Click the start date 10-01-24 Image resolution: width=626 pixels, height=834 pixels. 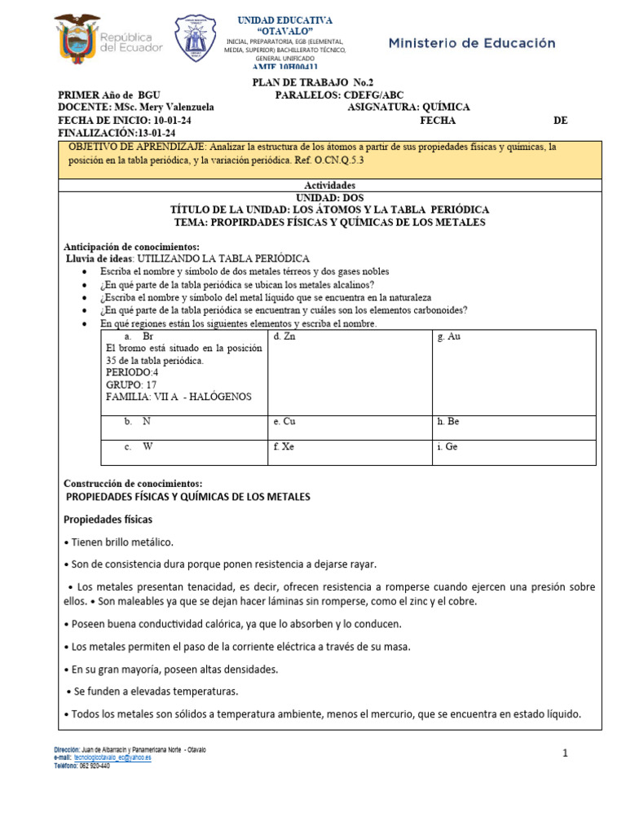click(x=173, y=121)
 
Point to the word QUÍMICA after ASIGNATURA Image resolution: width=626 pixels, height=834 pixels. click(x=443, y=108)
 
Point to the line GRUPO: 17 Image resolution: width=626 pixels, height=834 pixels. click(x=131, y=384)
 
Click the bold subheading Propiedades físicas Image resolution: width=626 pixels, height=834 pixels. click(x=108, y=519)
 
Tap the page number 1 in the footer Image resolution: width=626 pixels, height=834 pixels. click(x=565, y=754)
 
